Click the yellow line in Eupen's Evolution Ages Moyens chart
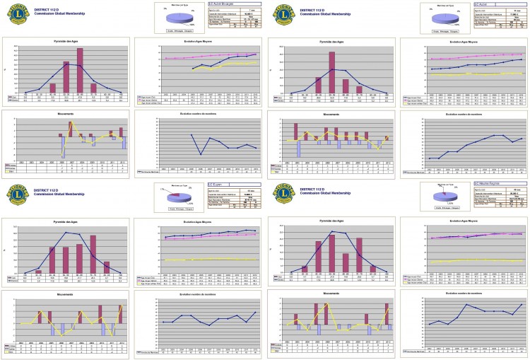205,259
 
